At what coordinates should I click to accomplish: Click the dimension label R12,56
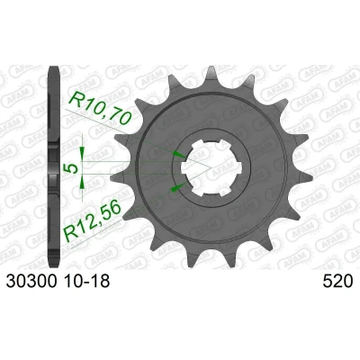click(93, 220)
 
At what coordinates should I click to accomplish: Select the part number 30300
click(31, 282)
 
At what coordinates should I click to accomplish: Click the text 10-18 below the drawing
click(86, 282)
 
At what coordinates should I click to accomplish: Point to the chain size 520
click(337, 282)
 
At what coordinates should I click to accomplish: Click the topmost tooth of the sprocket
click(211, 75)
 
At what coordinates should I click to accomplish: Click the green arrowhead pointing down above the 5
click(82, 151)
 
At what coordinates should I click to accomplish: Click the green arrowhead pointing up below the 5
click(82, 183)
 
